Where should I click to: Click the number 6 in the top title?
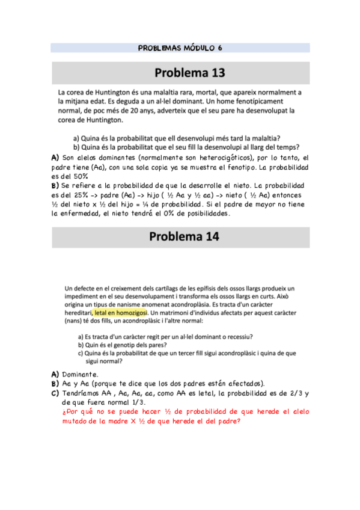[x=219, y=48]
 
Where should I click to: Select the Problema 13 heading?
[x=189, y=73]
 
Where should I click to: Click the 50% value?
[x=79, y=176]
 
